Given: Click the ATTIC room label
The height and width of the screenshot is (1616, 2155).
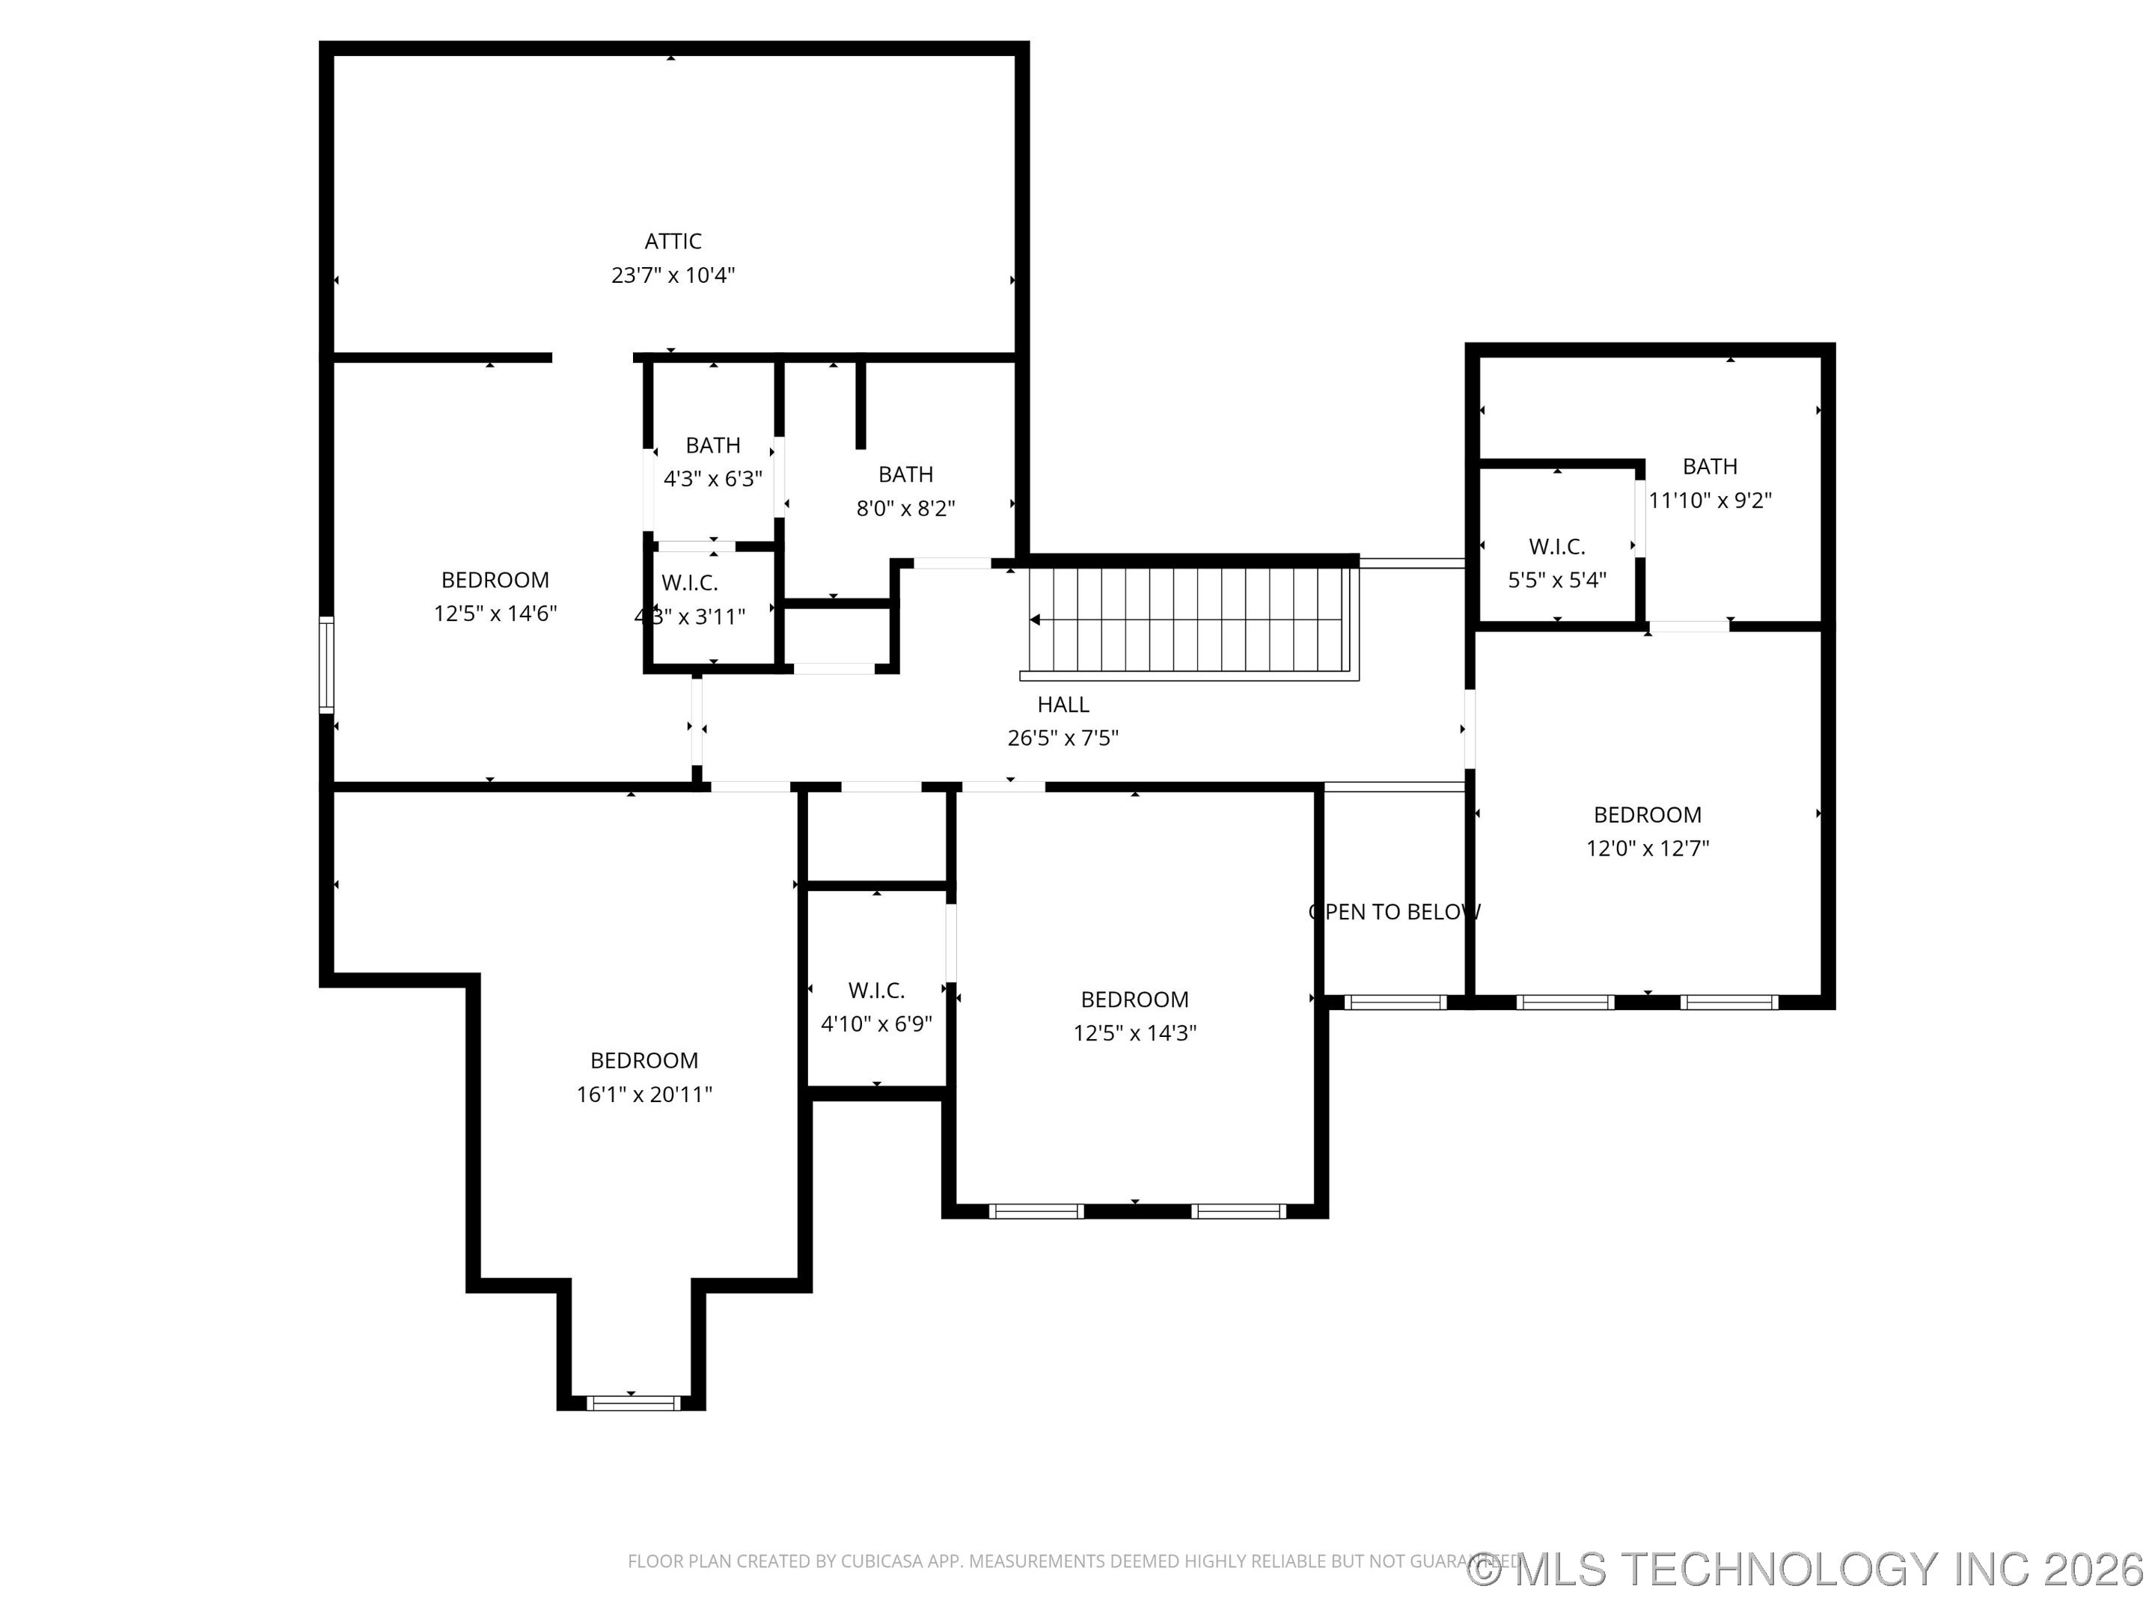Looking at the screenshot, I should click(x=672, y=241).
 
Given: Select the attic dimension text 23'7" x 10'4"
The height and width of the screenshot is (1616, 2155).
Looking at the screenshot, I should click(x=672, y=275).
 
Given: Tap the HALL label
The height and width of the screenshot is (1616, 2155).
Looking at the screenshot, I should click(x=1063, y=704).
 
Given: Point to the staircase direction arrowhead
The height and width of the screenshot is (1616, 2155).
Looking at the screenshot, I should click(x=1035, y=619).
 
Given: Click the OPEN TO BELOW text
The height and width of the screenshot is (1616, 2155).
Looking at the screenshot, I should click(x=1394, y=912).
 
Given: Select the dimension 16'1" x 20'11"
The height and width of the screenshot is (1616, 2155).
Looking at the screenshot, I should click(x=644, y=1094).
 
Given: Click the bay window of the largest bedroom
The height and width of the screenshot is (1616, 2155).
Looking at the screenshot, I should click(x=632, y=1403).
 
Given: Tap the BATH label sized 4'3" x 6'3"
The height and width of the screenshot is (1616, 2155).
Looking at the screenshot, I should click(x=712, y=445).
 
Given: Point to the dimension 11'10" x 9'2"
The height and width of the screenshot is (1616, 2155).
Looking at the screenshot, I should click(x=1709, y=500).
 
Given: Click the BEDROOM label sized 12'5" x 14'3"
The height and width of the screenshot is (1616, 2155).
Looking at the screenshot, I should click(x=1134, y=999).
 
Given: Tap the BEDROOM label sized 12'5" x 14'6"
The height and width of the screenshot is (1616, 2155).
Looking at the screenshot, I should click(x=495, y=580).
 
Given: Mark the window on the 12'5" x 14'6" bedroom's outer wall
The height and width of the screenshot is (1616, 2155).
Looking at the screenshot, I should click(x=327, y=664).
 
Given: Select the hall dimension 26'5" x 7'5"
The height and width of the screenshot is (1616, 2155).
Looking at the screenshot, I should click(x=1062, y=738).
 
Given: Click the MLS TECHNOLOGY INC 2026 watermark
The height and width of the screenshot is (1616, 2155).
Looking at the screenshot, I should click(x=1807, y=1568).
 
